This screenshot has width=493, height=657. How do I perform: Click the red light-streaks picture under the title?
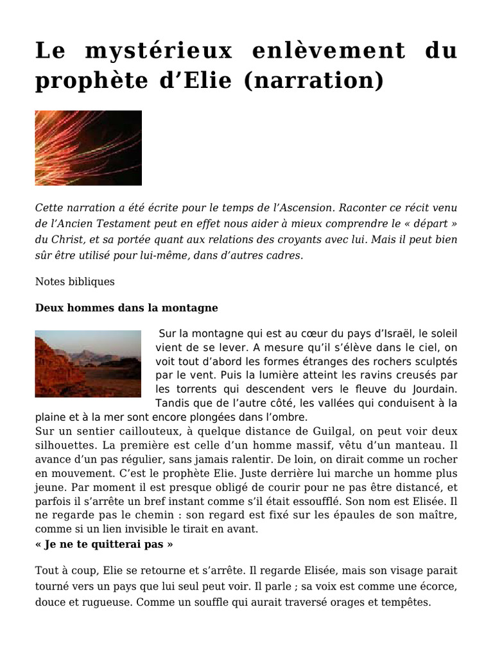(88, 148)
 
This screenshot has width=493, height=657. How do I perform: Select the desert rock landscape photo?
(88, 364)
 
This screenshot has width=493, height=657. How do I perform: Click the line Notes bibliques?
(75, 281)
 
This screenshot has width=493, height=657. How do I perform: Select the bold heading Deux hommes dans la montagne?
(126, 308)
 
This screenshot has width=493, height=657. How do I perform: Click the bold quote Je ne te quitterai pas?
(104, 544)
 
